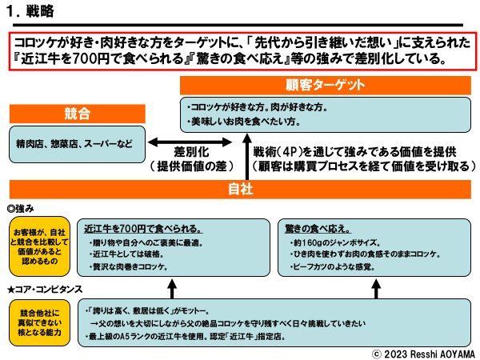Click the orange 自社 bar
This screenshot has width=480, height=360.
pos(239,189)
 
